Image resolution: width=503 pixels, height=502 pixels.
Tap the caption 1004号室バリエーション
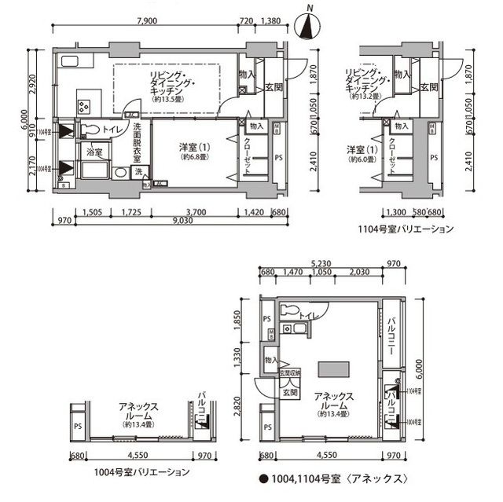(x=141, y=472)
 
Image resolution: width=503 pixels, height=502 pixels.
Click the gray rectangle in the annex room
(x=335, y=369)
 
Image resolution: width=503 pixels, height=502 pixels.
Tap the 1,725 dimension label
(x=138, y=211)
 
